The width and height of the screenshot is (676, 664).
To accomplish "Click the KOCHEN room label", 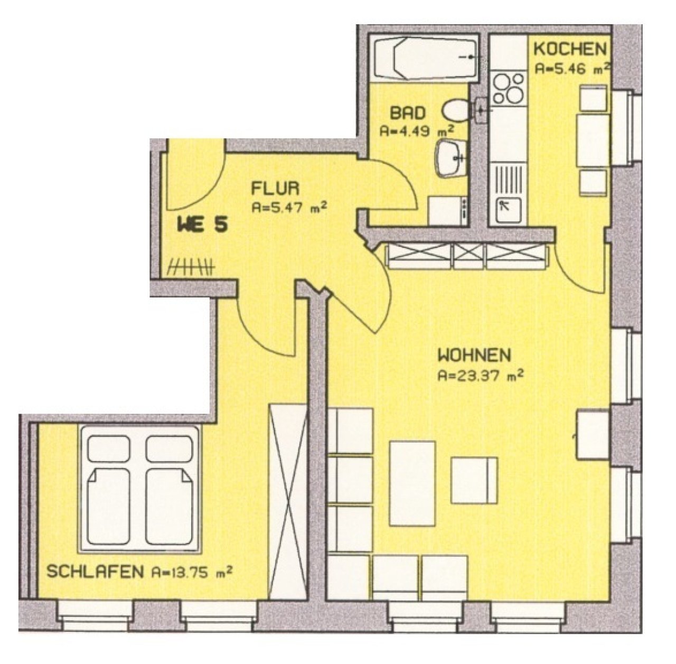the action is pyautogui.click(x=570, y=49).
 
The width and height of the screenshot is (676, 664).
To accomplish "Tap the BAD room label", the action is pyautogui.click(x=408, y=113).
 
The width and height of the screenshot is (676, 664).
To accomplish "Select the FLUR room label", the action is pyautogui.click(x=275, y=188).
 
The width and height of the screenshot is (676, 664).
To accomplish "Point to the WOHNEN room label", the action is pyautogui.click(x=475, y=356).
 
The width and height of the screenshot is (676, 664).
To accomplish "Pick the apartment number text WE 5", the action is pyautogui.click(x=203, y=225).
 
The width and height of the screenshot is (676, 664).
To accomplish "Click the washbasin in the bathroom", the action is pyautogui.click(x=451, y=157).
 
